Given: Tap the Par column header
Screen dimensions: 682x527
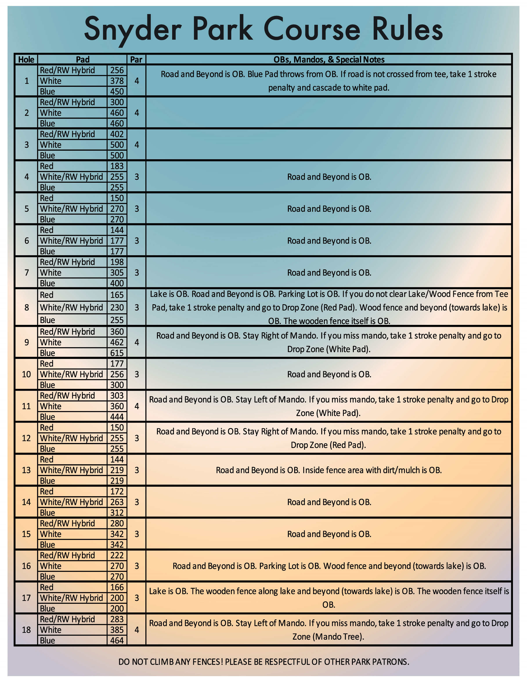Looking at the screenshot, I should [x=136, y=59].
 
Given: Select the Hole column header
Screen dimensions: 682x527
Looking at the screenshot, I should [x=26, y=59].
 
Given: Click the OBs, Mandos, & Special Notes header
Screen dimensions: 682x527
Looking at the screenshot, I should [x=329, y=59].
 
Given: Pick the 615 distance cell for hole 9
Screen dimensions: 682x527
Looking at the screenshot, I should [x=117, y=353].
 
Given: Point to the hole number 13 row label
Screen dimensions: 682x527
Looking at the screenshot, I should [x=26, y=470].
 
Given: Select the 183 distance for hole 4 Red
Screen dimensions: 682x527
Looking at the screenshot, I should [x=117, y=166].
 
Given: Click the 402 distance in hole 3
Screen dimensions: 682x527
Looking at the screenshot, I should [x=117, y=134].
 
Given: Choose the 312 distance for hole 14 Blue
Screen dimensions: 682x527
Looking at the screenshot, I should [x=117, y=512].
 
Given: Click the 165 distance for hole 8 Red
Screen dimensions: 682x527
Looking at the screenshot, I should [x=117, y=295].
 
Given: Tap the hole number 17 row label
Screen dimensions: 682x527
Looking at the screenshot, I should [x=26, y=598].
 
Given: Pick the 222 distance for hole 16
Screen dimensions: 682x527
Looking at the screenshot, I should [x=117, y=555].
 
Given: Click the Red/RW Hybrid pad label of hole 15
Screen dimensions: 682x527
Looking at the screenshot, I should [x=67, y=523].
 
